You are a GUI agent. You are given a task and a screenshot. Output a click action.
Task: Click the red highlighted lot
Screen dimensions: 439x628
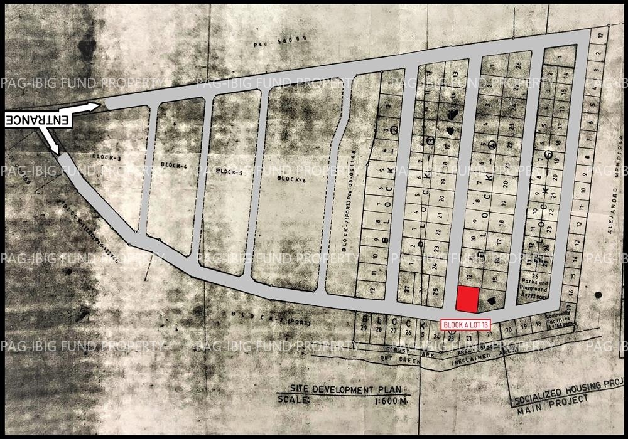tap(467, 299)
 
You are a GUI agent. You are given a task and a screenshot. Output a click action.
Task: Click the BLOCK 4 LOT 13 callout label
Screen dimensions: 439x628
tap(465, 325)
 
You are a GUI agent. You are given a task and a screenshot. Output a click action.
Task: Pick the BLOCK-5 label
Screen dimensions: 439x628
tap(229, 171)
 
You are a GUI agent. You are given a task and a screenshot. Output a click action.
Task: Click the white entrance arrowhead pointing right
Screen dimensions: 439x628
tap(95, 107)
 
